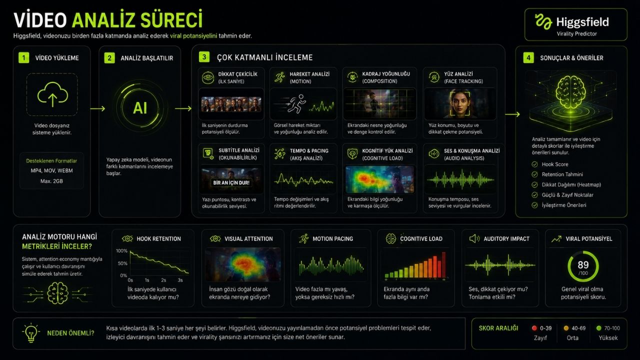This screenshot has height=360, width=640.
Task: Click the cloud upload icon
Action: (x=52, y=94)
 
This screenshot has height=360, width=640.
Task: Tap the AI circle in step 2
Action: (x=140, y=108)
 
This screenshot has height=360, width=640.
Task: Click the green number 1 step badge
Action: (x=23, y=57)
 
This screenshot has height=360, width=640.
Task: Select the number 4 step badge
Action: (x=528, y=57)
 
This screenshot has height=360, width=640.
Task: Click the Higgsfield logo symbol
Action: (x=543, y=21)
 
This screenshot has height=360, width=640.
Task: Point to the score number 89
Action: (x=583, y=265)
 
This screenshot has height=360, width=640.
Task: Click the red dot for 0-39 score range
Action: (x=534, y=328)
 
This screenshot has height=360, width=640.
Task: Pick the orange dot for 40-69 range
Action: (x=566, y=328)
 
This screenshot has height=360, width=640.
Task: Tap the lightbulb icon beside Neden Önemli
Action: (x=31, y=333)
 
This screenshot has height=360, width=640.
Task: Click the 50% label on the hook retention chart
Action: (x=122, y=263)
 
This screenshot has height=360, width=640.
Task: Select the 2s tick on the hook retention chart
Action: (x=163, y=280)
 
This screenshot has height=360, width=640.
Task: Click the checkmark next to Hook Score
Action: (x=534, y=164)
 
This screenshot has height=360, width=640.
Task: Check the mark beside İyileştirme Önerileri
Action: (x=534, y=205)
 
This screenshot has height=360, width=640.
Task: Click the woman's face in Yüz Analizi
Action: (x=459, y=103)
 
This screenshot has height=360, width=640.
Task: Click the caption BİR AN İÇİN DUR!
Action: (x=231, y=182)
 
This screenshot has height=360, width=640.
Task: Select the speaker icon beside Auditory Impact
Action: (x=474, y=238)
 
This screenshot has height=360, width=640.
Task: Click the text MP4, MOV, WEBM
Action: (x=51, y=170)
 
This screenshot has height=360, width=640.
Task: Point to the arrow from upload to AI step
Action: (x=97, y=108)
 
